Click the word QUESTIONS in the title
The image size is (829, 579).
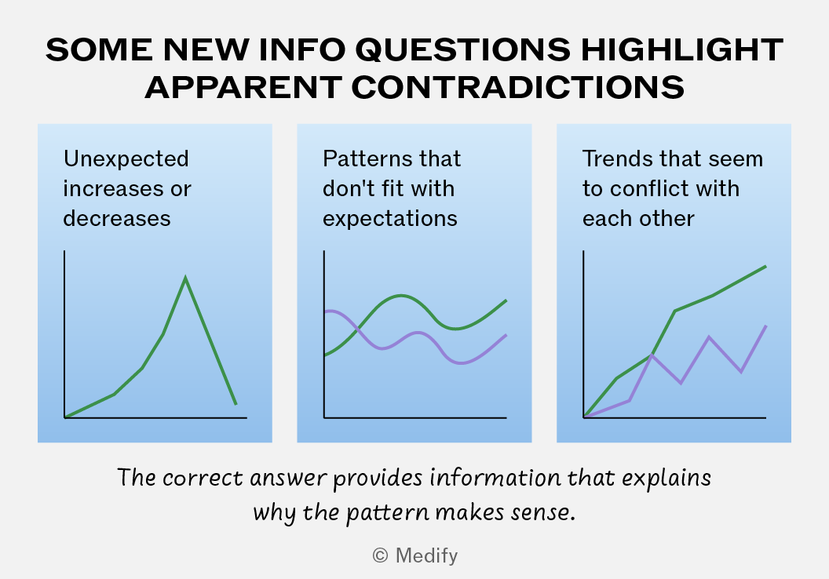(462, 50)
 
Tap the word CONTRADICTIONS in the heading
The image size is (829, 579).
(517, 87)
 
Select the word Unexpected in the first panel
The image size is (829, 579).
(126, 159)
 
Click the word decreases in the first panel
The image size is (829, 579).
(117, 218)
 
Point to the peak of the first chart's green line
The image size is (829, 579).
(185, 278)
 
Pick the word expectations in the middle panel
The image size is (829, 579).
(390, 219)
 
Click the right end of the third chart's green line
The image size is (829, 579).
(765, 266)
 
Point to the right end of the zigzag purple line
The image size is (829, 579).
(766, 326)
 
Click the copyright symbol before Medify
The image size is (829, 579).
(380, 555)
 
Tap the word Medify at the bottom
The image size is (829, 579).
(426, 556)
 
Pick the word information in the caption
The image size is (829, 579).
(495, 478)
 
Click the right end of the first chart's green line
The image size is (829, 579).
(236, 405)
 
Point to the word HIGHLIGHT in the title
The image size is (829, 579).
(682, 50)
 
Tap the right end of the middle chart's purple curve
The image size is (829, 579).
(506, 335)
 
